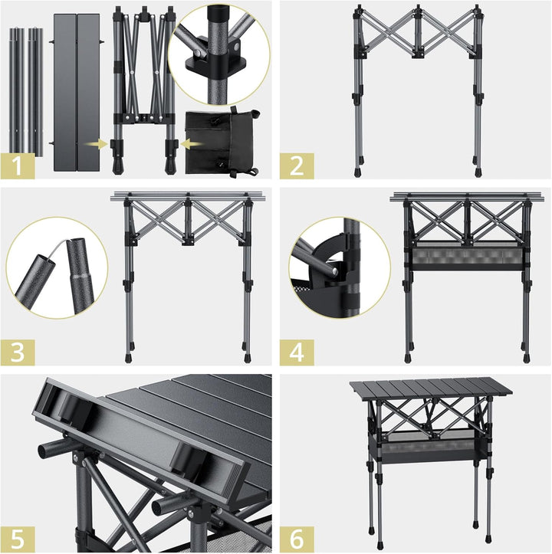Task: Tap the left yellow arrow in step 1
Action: pyautogui.click(x=94, y=143)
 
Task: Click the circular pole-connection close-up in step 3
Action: pyautogui.click(x=56, y=268)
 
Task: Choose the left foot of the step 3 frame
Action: pyautogui.click(x=128, y=356)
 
